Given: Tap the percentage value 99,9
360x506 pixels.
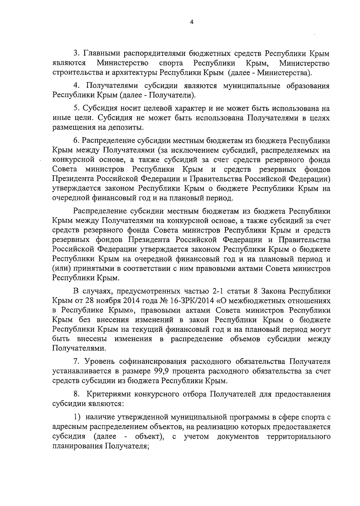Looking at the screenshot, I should pyautogui.click(x=162, y=371).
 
